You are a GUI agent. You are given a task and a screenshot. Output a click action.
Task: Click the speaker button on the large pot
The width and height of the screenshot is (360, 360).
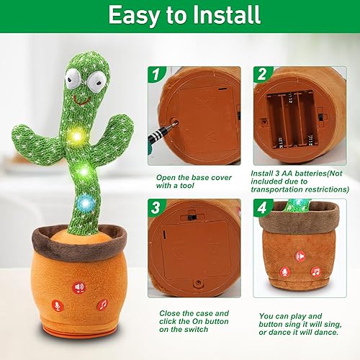pos(78,287)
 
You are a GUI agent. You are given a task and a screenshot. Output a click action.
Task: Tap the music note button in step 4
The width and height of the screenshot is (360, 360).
pos(315,271)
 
